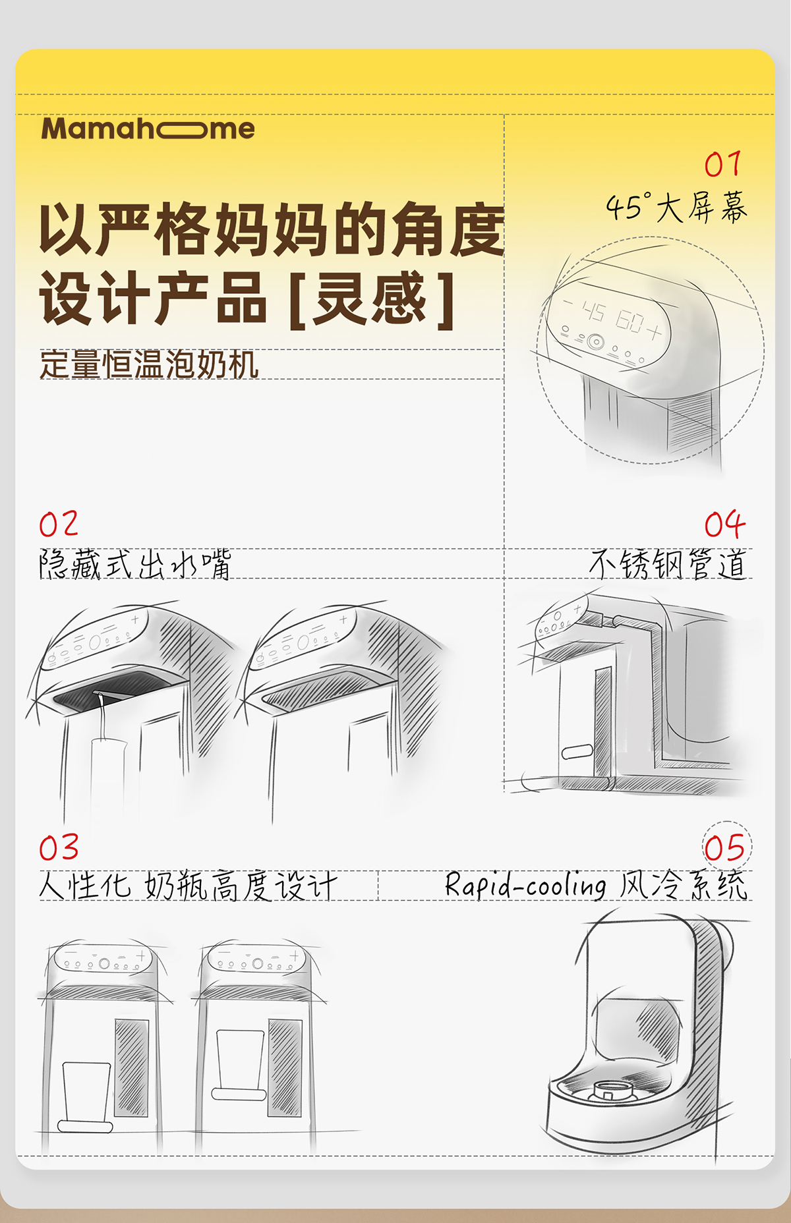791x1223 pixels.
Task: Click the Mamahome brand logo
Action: pos(148,128)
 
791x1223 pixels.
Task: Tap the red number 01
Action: pos(723,164)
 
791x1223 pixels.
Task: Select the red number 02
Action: pos(59,525)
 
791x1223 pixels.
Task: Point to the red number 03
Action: pos(59,847)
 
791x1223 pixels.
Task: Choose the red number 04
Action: pos(724,525)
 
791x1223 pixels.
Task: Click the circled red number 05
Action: pos(726,848)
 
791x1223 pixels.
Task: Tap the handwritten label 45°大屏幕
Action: pos(676,208)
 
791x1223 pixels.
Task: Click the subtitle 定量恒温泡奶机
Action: pos(149,364)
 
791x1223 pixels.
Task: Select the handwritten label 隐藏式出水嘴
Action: pos(135,564)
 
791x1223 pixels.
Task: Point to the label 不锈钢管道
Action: pos(668,564)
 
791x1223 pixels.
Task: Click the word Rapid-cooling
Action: pos(525,885)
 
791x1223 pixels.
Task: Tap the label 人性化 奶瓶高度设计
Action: pos(188,885)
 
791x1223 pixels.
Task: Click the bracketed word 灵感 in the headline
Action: pos(370,299)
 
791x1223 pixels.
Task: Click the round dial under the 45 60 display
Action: pos(596,341)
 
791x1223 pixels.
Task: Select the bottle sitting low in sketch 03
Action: pos(86,1094)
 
